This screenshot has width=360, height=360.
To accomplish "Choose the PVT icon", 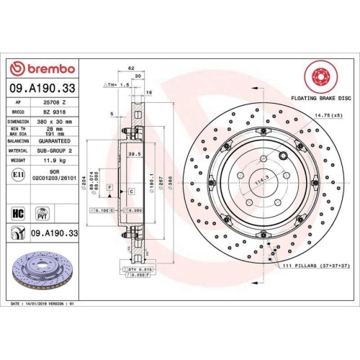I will click(42, 214).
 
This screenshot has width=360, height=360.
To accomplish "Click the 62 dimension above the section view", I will click(130, 67).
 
